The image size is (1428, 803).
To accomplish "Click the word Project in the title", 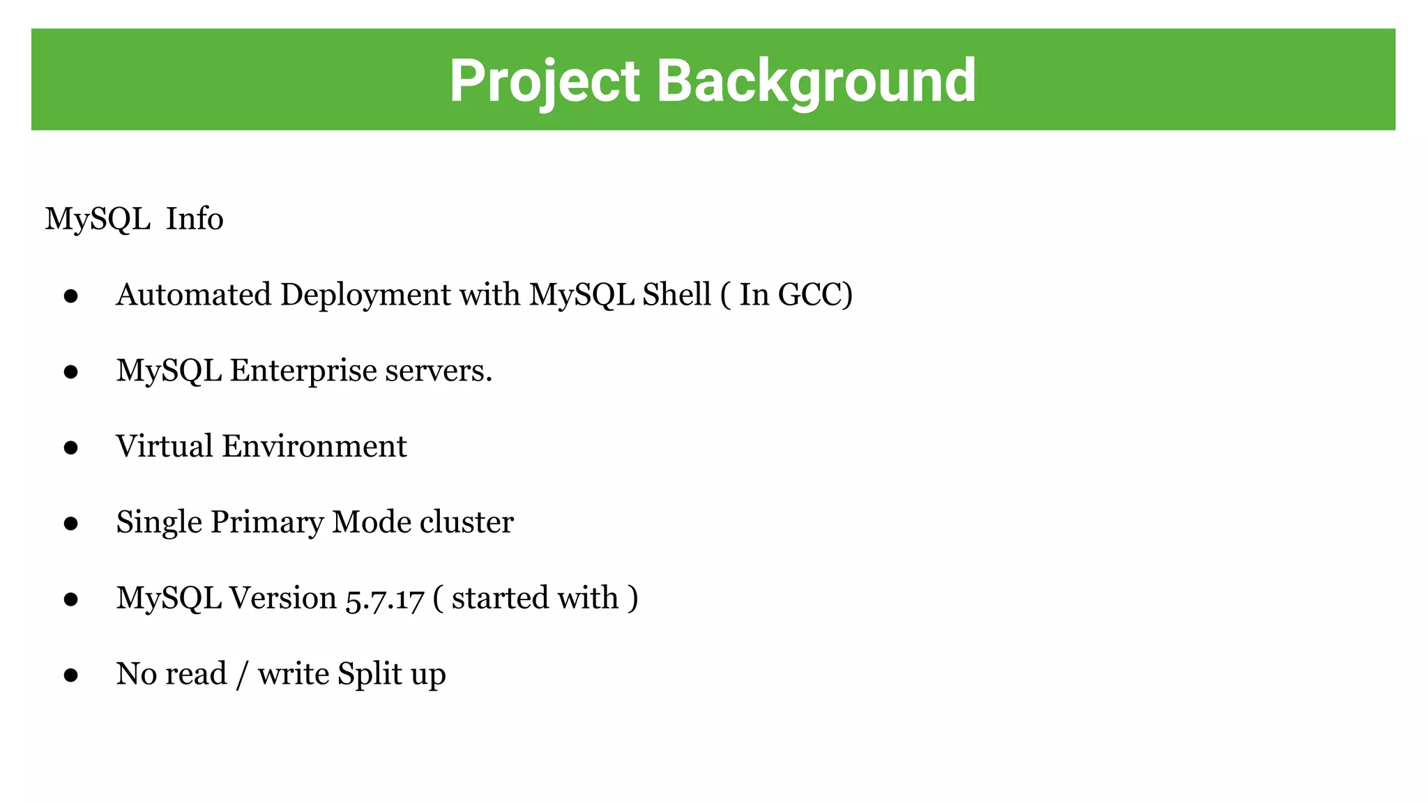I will pyautogui.click(x=544, y=81).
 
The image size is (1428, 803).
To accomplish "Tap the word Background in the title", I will pyautogui.click(x=816, y=81).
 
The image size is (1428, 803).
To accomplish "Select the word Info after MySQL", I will pyautogui.click(x=195, y=219).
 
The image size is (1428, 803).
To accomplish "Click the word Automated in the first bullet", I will pyautogui.click(x=194, y=294).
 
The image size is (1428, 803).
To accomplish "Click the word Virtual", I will pyautogui.click(x=164, y=446).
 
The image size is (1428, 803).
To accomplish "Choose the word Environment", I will pyautogui.click(x=314, y=446).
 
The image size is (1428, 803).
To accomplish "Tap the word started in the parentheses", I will pyautogui.click(x=498, y=598).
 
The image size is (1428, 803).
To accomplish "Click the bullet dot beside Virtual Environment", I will pyautogui.click(x=70, y=448).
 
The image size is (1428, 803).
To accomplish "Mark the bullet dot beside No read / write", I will pyautogui.click(x=70, y=675).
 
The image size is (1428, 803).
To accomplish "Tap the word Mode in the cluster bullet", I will pyautogui.click(x=372, y=522).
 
